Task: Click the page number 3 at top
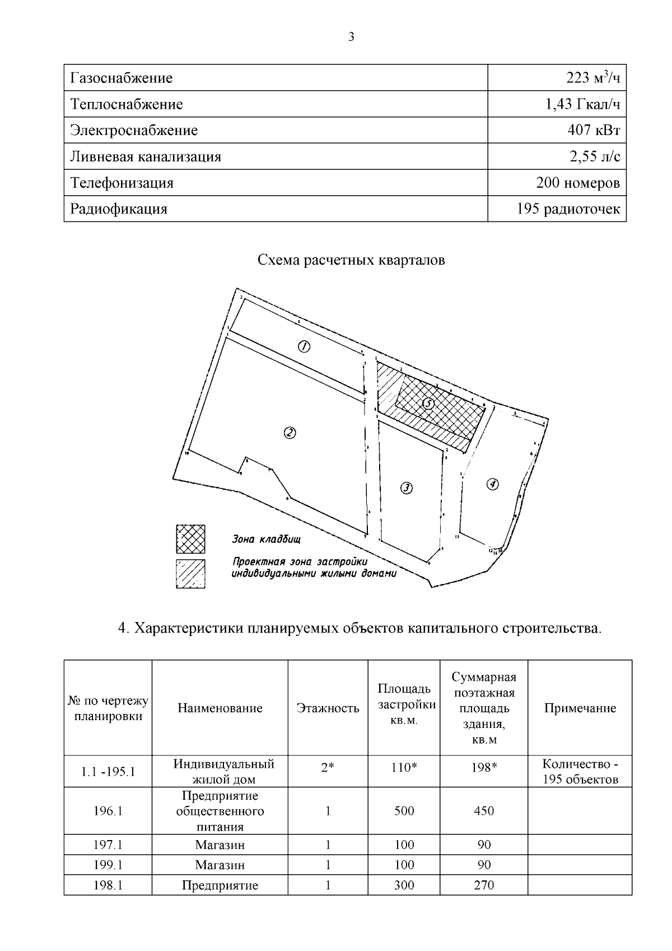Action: pos(351,38)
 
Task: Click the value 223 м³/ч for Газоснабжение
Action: pos(593,78)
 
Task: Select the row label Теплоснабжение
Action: pos(127,104)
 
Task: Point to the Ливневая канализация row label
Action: pos(146,157)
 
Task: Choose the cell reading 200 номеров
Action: pos(578,183)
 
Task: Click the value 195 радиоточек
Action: pos(568,210)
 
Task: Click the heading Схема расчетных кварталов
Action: pos(351,261)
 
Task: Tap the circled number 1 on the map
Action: pos(303,347)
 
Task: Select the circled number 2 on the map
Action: pos(290,433)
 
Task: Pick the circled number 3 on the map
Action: pos(407,488)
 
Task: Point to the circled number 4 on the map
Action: pos(492,484)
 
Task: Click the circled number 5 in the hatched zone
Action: pos(428,403)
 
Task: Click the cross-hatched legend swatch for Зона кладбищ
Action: pos(190,539)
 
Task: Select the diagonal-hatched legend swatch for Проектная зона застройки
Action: pos(190,574)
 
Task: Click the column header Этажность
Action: pos(328,708)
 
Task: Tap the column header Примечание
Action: pos(580,708)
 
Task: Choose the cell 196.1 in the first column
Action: pos(108,811)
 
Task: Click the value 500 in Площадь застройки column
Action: pos(404,811)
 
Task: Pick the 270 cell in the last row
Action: pos(483,885)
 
